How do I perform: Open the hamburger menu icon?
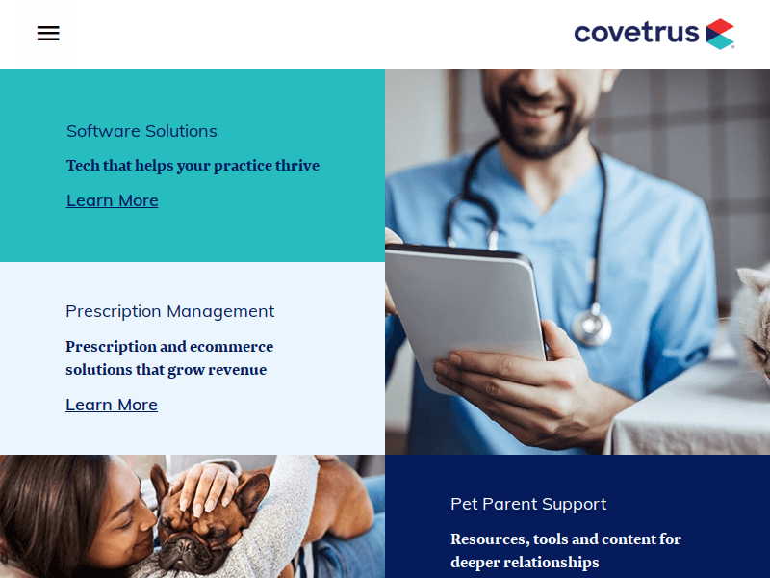coord(48,34)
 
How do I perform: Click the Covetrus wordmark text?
coord(636,34)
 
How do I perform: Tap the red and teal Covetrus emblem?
coord(720,34)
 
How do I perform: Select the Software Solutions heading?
coord(141,131)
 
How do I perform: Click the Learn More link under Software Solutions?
coord(113,200)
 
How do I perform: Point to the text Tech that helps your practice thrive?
coord(192,166)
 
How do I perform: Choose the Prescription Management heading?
coord(169,311)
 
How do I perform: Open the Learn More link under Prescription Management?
coord(112,405)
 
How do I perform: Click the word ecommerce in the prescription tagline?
coord(231,347)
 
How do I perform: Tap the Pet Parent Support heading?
coord(528,504)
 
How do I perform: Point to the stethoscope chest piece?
coord(591,328)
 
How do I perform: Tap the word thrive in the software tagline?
coord(297,166)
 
